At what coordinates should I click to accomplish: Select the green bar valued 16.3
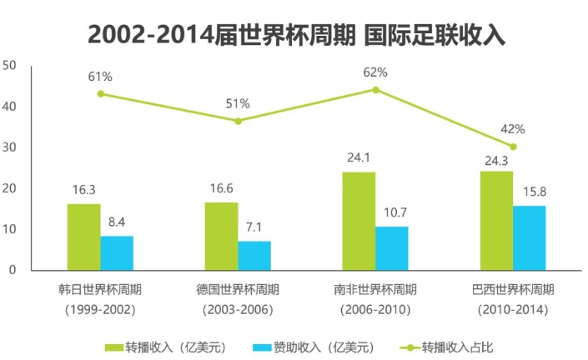[x=83, y=237]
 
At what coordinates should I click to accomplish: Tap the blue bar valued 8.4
[x=117, y=252]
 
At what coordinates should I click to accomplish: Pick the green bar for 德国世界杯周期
[x=221, y=236]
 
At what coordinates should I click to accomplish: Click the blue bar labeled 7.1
[x=254, y=255]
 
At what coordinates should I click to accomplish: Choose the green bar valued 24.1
[x=359, y=221]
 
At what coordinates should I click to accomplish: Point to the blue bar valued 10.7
[x=392, y=247]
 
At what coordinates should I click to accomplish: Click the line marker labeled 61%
[x=100, y=93]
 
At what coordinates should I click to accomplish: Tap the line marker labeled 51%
[x=238, y=121]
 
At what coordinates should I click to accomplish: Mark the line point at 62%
[x=375, y=89]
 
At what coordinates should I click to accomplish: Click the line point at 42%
[x=513, y=147]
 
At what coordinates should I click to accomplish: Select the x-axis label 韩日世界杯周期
[x=100, y=290]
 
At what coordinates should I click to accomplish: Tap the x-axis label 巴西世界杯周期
[x=513, y=290]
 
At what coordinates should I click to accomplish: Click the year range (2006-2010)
[x=375, y=310]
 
